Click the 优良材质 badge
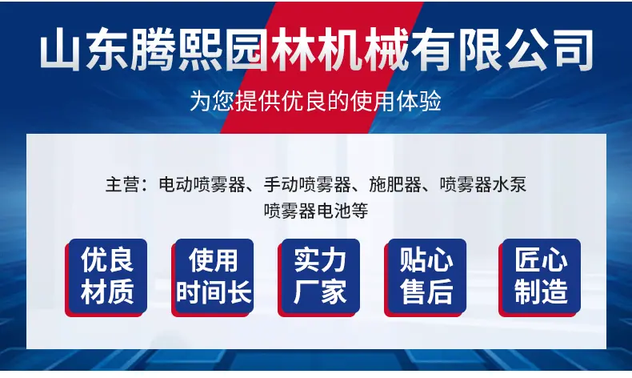[106, 278]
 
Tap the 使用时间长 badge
[213, 278]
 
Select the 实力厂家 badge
[319, 278]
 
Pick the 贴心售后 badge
[426, 278]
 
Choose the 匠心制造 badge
[540, 278]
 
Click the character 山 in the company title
[61, 49]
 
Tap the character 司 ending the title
[571, 49]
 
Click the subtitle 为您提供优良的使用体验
[315, 101]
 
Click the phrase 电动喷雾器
[202, 185]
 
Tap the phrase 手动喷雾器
[307, 185]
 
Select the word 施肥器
[395, 185]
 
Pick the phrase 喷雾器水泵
[483, 185]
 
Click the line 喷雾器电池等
[316, 211]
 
